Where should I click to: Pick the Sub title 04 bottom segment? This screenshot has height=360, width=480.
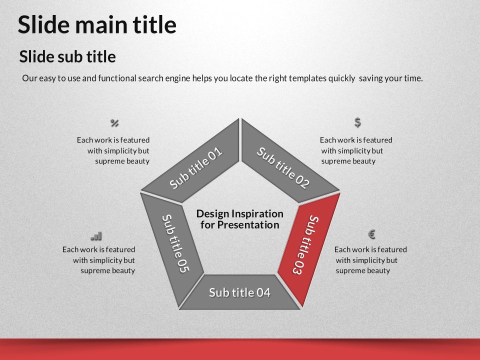(239, 292)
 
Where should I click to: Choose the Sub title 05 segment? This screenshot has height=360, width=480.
(171, 245)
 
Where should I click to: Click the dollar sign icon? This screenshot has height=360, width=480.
(357, 122)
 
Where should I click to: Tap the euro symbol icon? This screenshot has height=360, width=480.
(371, 234)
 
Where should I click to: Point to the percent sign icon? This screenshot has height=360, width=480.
(114, 123)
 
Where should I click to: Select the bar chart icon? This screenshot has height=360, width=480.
(96, 236)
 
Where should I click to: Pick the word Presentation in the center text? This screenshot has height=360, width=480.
(248, 225)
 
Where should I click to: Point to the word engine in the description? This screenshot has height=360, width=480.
(177, 78)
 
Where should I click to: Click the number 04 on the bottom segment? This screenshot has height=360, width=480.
(263, 292)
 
